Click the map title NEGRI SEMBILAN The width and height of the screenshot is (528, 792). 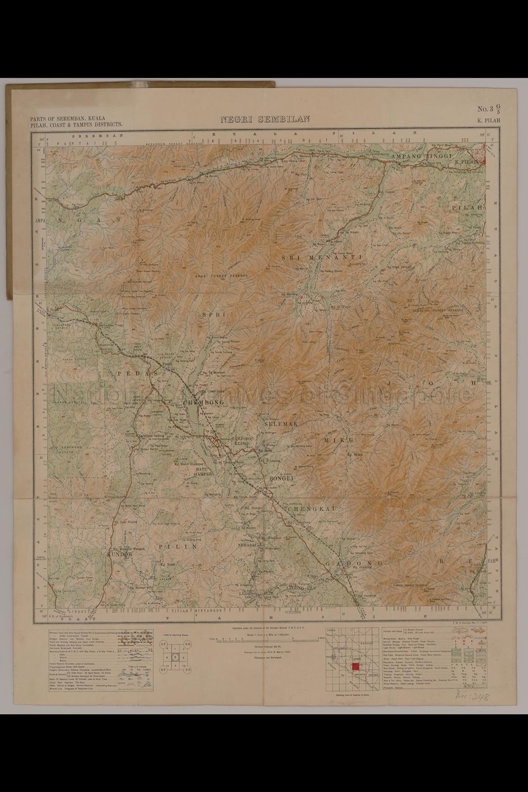click(265, 119)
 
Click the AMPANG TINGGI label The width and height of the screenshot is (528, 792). click(421, 156)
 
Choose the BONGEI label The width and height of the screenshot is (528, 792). click(281, 479)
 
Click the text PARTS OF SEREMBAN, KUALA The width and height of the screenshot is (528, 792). click(68, 118)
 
